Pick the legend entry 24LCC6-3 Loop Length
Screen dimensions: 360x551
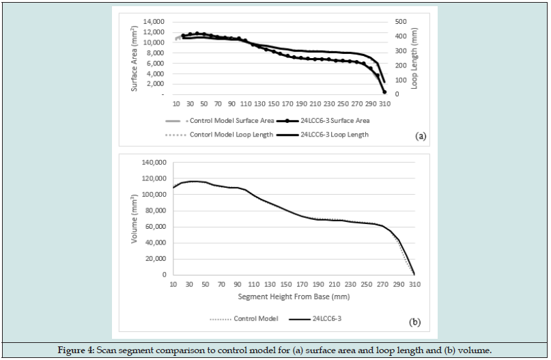point(334,135)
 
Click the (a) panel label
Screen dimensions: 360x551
point(421,136)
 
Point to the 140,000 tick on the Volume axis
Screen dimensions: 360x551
point(154,163)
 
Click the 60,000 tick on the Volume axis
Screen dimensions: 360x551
point(156,227)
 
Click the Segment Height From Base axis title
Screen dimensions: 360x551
point(294,297)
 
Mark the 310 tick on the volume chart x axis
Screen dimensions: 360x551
point(414,284)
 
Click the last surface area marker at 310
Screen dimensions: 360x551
point(384,92)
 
